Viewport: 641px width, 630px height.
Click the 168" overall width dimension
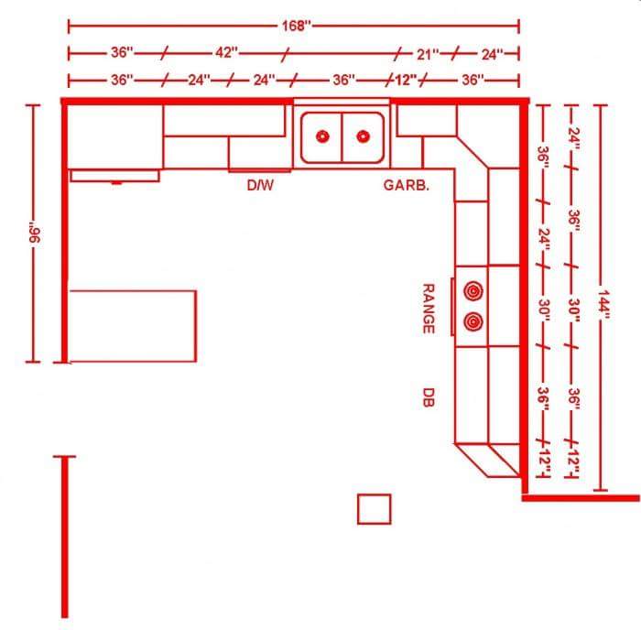point(295,26)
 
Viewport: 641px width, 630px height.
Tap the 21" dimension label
point(429,54)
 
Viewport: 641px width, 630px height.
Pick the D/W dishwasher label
point(261,185)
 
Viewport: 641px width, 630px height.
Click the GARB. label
point(406,185)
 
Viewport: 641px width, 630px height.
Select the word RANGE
point(428,308)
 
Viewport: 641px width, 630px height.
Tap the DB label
point(428,396)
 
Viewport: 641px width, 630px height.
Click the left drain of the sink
point(322,136)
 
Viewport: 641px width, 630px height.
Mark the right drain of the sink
point(364,136)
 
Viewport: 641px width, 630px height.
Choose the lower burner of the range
point(473,320)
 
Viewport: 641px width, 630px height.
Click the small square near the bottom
point(374,508)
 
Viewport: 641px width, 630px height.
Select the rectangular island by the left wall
point(133,325)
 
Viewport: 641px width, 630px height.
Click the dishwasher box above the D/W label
point(260,153)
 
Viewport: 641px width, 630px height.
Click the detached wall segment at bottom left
point(64,537)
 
